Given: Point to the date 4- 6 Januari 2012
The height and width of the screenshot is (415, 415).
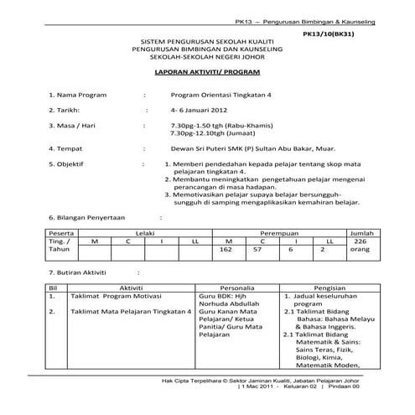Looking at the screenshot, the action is coord(197,110).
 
